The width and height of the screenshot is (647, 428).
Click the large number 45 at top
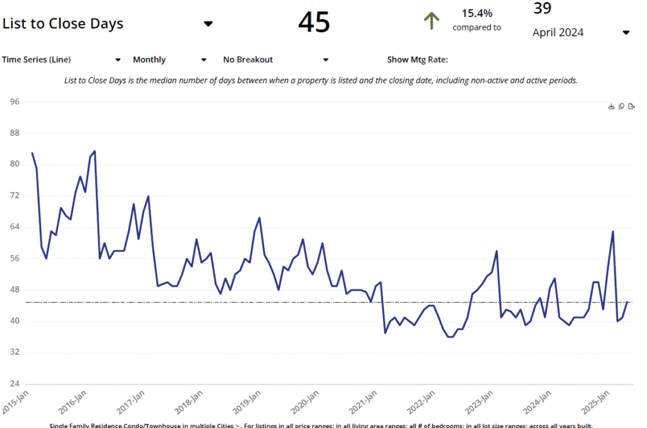click(314, 22)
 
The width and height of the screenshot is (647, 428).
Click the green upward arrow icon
click(431, 21)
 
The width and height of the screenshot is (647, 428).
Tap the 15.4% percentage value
click(477, 13)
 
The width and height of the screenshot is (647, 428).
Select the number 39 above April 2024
click(542, 8)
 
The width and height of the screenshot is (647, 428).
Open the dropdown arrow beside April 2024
click(626, 33)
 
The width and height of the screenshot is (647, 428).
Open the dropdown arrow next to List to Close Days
click(208, 24)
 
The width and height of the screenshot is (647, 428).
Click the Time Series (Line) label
click(37, 60)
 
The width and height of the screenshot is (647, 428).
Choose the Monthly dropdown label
click(149, 60)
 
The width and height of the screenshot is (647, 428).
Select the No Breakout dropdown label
click(248, 60)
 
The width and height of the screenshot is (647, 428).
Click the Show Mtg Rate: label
click(417, 60)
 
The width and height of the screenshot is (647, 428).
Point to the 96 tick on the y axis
click(15, 102)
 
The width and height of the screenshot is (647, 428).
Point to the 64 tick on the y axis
click(15, 227)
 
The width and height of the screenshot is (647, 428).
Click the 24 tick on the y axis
click(15, 384)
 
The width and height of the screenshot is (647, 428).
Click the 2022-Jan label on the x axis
click(421, 400)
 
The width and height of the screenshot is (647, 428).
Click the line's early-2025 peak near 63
click(613, 231)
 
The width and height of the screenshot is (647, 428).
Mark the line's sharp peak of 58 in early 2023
click(497, 251)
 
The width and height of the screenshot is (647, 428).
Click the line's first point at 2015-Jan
click(32, 153)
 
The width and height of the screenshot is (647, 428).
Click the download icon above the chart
click(611, 107)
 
